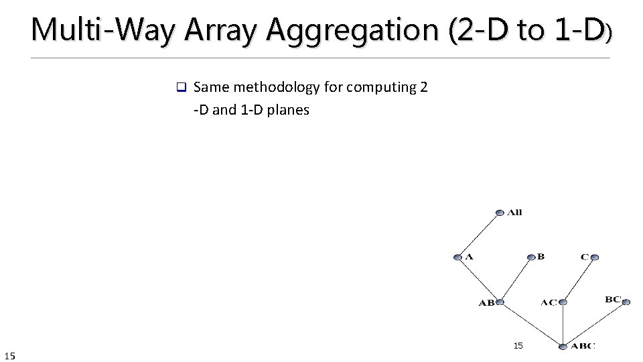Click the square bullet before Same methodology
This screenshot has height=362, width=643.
(180, 88)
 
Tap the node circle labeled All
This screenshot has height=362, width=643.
(500, 213)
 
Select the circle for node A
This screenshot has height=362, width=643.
(457, 257)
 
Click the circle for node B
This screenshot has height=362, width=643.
(532, 257)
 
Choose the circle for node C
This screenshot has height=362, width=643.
(595, 257)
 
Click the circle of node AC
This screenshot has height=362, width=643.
(563, 302)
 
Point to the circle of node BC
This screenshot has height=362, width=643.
(627, 302)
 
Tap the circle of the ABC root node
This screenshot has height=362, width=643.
(563, 347)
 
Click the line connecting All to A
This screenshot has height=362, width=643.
(478, 235)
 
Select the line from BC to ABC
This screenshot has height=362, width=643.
(595, 324)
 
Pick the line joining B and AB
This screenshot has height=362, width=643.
(516, 280)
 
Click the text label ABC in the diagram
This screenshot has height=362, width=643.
(583, 347)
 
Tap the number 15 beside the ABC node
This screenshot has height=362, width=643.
(518, 346)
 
